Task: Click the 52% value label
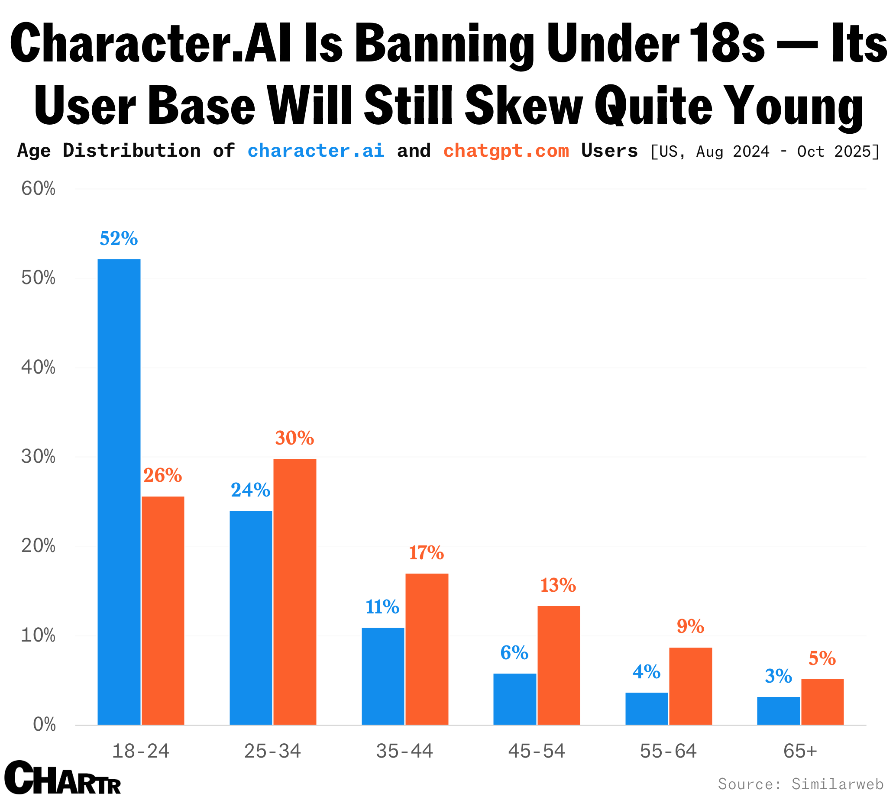pyautogui.click(x=119, y=239)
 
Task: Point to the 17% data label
pyautogui.click(x=426, y=553)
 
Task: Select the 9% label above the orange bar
pyautogui.click(x=690, y=626)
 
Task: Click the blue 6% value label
pyautogui.click(x=514, y=653)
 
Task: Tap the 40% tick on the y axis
pyautogui.click(x=38, y=368)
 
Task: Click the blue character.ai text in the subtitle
pyautogui.click(x=316, y=151)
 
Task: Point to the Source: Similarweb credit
pyautogui.click(x=800, y=784)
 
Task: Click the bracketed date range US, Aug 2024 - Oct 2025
pyautogui.click(x=764, y=152)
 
